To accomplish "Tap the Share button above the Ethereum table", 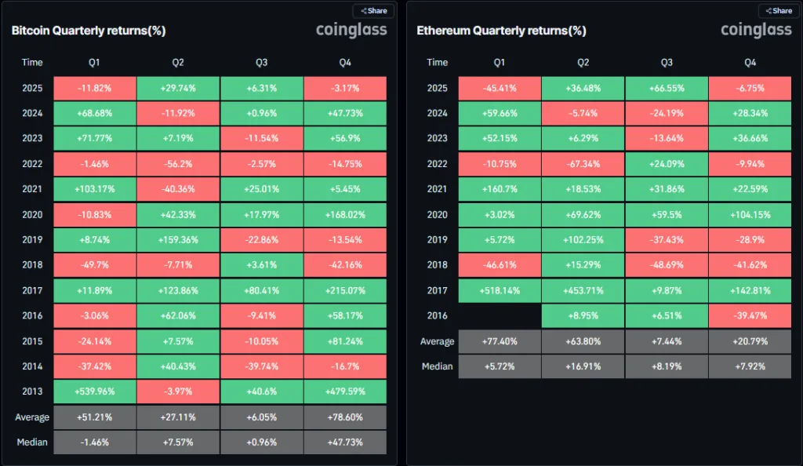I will point(778,11).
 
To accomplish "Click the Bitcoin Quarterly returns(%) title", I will point(88,31).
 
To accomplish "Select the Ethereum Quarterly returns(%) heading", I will point(501,31).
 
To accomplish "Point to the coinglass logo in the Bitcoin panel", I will point(351,31).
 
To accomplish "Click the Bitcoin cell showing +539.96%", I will point(95,391).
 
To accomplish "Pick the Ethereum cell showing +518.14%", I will point(500,290).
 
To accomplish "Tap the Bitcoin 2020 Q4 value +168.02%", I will point(344,214).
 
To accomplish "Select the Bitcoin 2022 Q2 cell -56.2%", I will point(178,164).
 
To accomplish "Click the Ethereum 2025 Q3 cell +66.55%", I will point(667,88).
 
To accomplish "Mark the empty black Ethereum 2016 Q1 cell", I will point(500,315).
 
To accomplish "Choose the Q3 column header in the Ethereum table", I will point(667,62).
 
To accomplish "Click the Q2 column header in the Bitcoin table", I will point(178,62).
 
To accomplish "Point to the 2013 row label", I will point(32,391).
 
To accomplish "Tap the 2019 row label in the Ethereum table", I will point(438,240).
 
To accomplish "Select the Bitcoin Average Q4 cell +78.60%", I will point(344,417).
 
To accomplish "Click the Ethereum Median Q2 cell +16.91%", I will point(583,366).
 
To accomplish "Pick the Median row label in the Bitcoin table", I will point(32,442).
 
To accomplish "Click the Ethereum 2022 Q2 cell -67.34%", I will point(583,164).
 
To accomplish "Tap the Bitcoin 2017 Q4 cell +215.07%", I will point(344,290).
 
